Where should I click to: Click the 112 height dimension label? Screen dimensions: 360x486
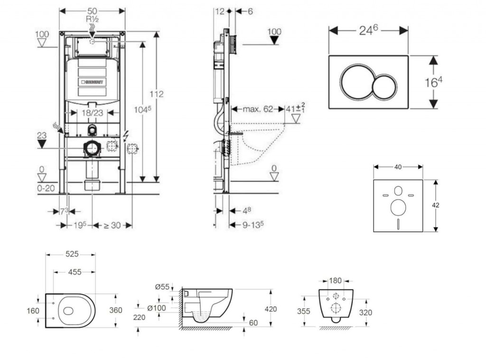[x=157, y=95]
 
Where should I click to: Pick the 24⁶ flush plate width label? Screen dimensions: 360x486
[x=368, y=30]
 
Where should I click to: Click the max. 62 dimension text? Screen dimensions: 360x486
[x=258, y=109]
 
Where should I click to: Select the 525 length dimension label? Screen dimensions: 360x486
[x=72, y=255]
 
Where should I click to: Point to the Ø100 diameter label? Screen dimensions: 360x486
[x=156, y=308]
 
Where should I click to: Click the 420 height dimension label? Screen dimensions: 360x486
[x=271, y=309]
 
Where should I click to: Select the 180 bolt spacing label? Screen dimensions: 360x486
[x=336, y=281]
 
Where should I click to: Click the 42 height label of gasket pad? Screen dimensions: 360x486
[x=436, y=205]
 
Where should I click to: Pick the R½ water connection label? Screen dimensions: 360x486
[x=92, y=19]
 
